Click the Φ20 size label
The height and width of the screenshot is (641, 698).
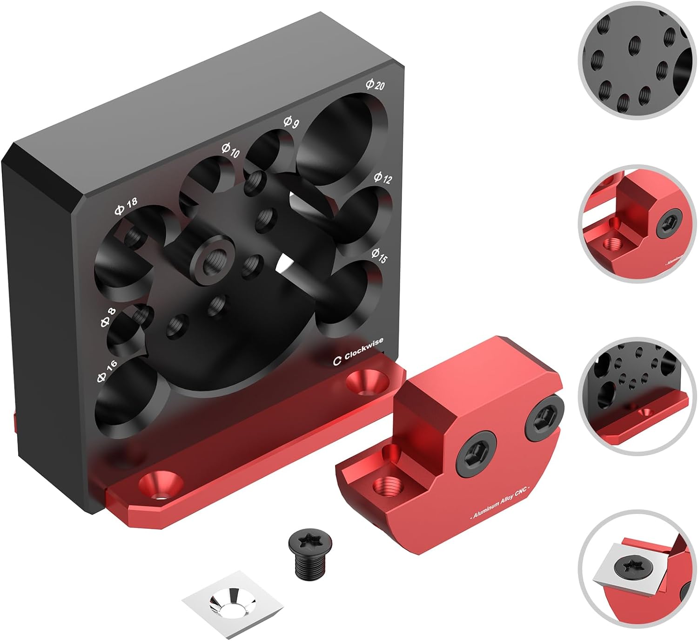(x=375, y=85)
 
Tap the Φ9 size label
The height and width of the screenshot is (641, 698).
(x=291, y=123)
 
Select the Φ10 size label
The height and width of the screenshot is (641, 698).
(x=230, y=150)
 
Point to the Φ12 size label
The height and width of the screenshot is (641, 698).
(x=383, y=178)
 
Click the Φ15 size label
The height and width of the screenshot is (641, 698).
(x=379, y=256)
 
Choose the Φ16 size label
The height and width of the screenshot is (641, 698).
(x=107, y=371)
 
